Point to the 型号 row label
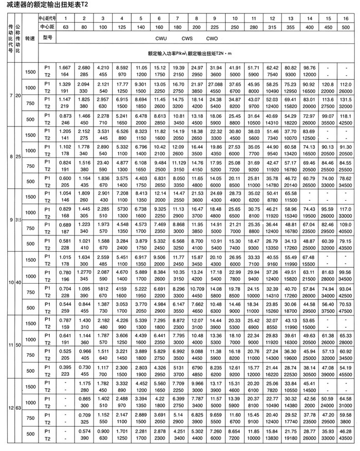tap(48, 38)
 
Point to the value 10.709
tap(197, 289)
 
